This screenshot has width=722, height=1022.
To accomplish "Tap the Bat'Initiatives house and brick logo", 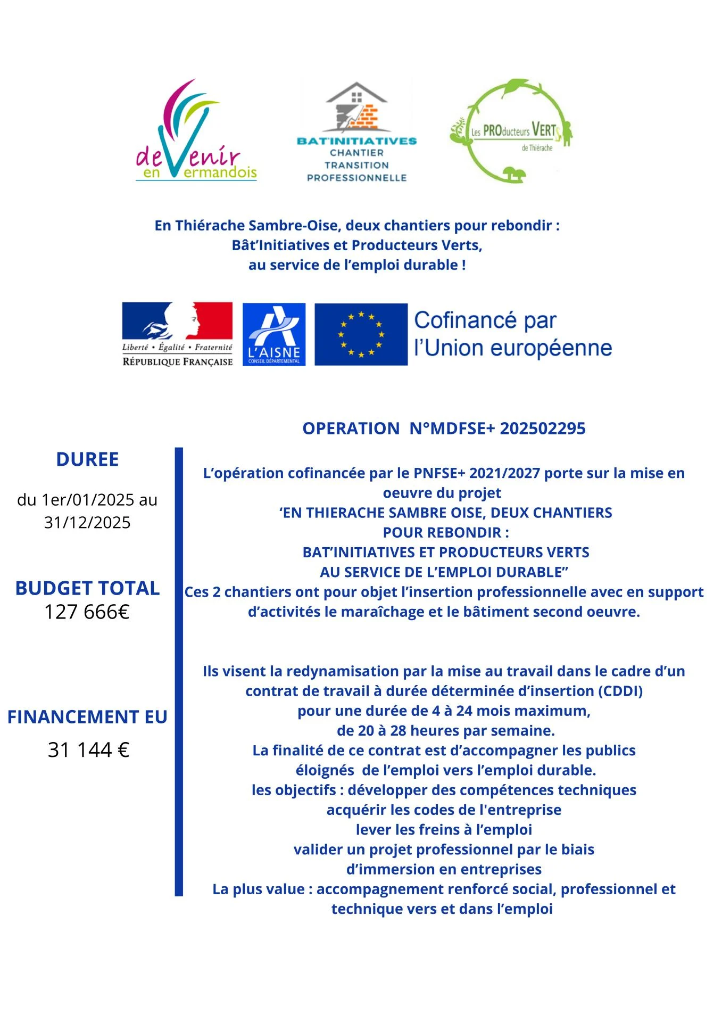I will (x=356, y=109).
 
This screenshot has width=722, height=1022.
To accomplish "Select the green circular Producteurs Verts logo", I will (x=511, y=131).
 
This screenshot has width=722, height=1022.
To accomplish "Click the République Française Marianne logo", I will (x=177, y=334).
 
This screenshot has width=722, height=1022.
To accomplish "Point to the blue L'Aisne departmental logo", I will (x=274, y=334).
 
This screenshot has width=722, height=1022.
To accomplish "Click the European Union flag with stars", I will (x=361, y=334).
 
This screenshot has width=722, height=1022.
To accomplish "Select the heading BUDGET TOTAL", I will (x=87, y=588).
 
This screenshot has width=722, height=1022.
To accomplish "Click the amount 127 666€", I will (x=87, y=612).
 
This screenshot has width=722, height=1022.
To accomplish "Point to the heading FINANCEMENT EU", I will (x=87, y=717).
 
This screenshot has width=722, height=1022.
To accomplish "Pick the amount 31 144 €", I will (x=88, y=750).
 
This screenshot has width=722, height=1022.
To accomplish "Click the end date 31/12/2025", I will (x=87, y=523).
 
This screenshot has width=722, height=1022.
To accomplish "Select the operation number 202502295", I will (x=542, y=428).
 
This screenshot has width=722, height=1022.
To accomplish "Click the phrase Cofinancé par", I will (x=485, y=321).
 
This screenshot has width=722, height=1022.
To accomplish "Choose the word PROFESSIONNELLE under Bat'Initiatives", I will (x=356, y=178).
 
